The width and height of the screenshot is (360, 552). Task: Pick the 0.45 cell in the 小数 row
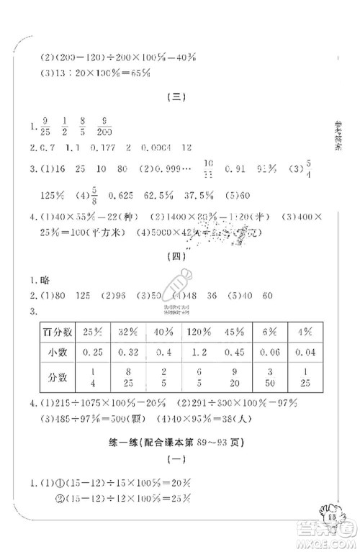235,353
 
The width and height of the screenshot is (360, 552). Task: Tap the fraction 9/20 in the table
235,377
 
